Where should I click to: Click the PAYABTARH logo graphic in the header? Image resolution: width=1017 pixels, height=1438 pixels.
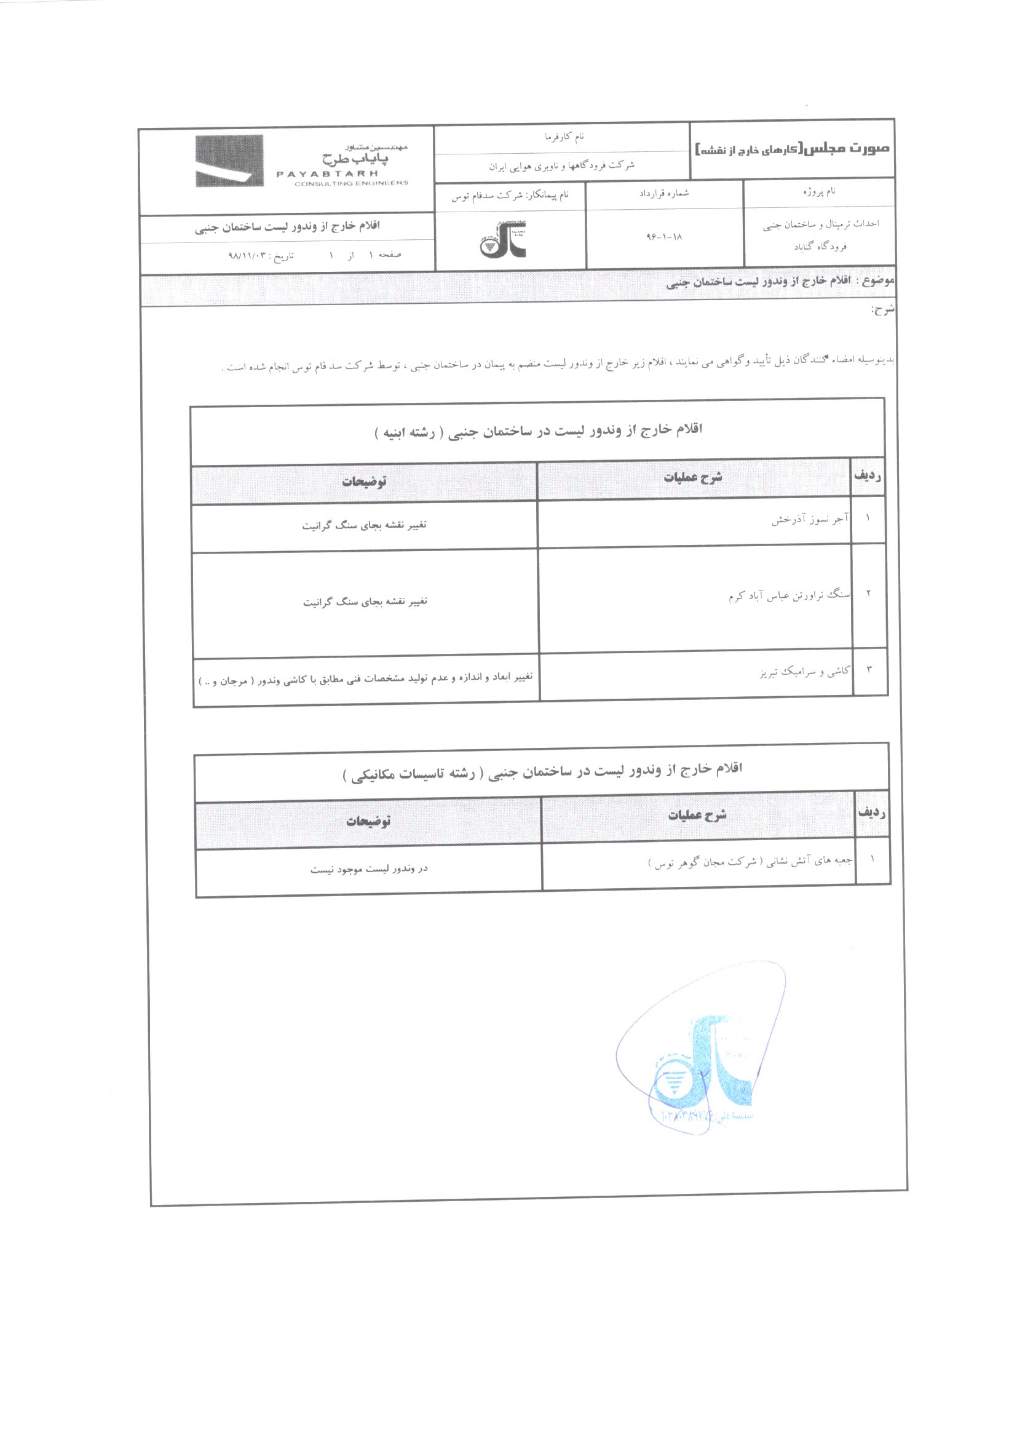coord(229,161)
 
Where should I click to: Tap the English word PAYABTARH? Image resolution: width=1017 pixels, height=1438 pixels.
coord(327,173)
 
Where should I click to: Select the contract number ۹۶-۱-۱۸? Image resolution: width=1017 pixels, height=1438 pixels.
coord(664,237)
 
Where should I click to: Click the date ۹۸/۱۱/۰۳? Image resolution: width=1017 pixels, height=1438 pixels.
coord(247,255)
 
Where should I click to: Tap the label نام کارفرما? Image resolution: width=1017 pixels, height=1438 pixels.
coord(564,136)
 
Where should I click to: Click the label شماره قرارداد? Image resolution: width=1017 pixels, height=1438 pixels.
coord(664,193)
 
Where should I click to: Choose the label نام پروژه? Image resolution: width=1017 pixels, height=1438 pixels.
coord(819,191)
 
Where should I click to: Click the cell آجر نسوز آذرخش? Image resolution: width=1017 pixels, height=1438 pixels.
coord(810,520)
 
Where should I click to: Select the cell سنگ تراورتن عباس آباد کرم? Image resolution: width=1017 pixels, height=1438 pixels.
coord(789,595)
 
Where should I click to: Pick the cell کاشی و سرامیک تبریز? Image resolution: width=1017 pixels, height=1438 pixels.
coord(805,672)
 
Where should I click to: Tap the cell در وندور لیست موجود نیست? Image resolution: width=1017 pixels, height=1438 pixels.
coord(369,868)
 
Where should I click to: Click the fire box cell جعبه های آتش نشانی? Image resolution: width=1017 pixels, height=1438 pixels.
coord(750,862)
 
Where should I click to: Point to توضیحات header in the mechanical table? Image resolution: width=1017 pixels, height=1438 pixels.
coord(368,820)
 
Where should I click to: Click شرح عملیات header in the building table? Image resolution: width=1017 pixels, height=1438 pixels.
coord(692,478)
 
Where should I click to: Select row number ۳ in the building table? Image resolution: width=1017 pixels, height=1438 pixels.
coord(869,670)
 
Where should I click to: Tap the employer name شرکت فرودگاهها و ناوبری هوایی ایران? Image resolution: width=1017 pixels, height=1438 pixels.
coord(562,166)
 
